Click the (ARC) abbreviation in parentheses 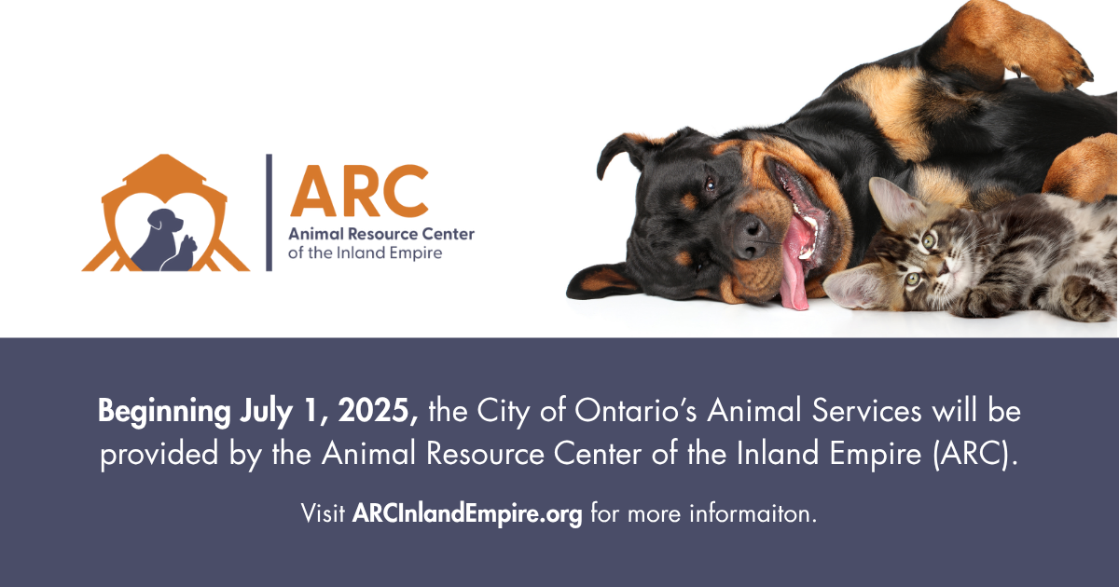[x=979, y=455]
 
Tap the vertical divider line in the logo [x=269, y=212]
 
